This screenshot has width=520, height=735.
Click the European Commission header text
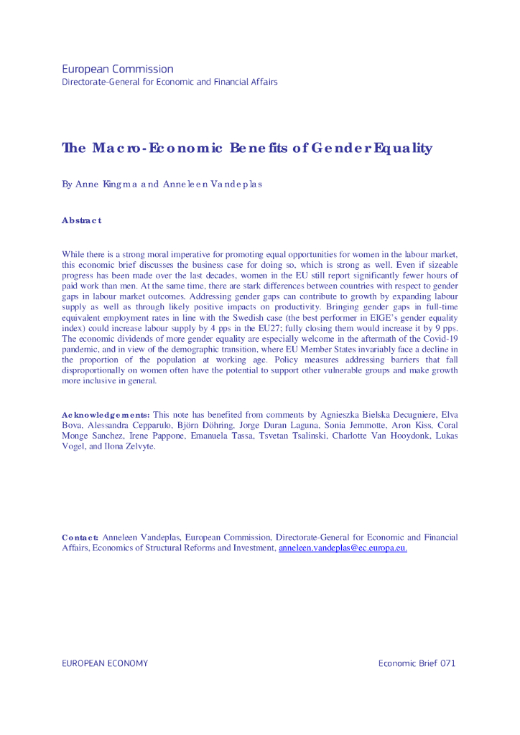tap(118, 70)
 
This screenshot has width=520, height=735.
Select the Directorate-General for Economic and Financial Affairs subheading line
tap(170, 82)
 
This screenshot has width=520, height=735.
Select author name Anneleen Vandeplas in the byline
tap(212, 184)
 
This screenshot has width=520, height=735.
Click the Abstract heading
tap(82, 220)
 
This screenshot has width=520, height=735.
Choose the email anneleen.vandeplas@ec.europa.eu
tap(343, 548)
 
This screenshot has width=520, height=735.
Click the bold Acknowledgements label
tap(106, 415)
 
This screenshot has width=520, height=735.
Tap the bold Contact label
tap(80, 537)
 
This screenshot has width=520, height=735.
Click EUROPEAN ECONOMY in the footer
tap(105, 663)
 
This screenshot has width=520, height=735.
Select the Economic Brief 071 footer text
tap(417, 663)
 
